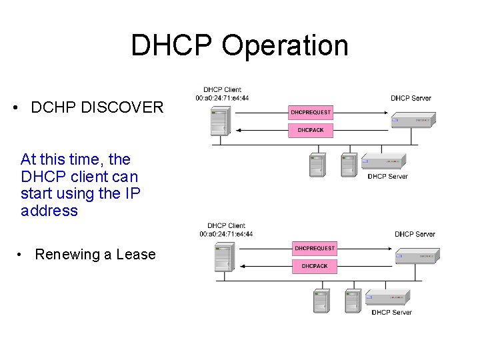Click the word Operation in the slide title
point(285,45)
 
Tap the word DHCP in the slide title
point(172,45)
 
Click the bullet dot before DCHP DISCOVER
point(15,107)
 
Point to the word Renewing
point(64,254)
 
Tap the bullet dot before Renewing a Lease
point(23,254)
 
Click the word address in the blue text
point(49,211)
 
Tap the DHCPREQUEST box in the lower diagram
point(315,249)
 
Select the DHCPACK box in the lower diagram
point(315,266)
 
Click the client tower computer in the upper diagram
point(219,121)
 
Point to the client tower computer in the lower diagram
point(223,257)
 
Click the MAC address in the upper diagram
point(223,98)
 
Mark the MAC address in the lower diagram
point(226,234)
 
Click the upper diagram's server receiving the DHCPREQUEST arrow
point(413,119)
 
